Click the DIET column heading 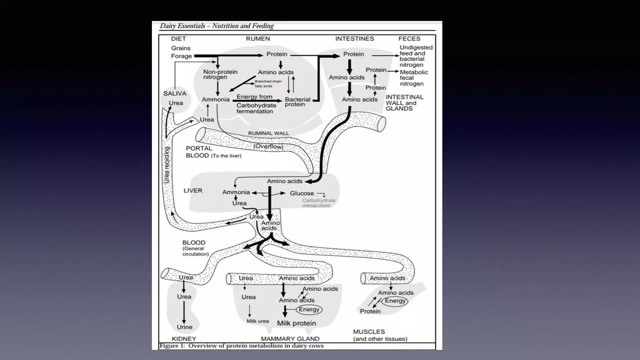click(x=178, y=39)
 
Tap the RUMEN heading click(x=257, y=39)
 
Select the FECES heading click(x=409, y=39)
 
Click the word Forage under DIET click(x=181, y=56)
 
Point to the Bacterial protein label click(x=297, y=102)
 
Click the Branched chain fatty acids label click(x=268, y=84)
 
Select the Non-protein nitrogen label click(x=220, y=74)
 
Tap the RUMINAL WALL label click(x=268, y=133)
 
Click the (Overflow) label click(x=268, y=146)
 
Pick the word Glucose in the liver click(x=302, y=193)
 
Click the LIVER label click(x=193, y=191)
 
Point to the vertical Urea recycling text click(x=167, y=165)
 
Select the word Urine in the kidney click(x=184, y=327)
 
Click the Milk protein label click(x=296, y=323)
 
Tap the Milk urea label click(x=257, y=321)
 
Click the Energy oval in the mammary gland click(x=309, y=309)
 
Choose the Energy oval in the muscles click(x=395, y=301)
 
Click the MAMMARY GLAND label click(x=290, y=339)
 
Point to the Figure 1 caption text click(x=241, y=346)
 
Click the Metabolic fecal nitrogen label click(x=413, y=78)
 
